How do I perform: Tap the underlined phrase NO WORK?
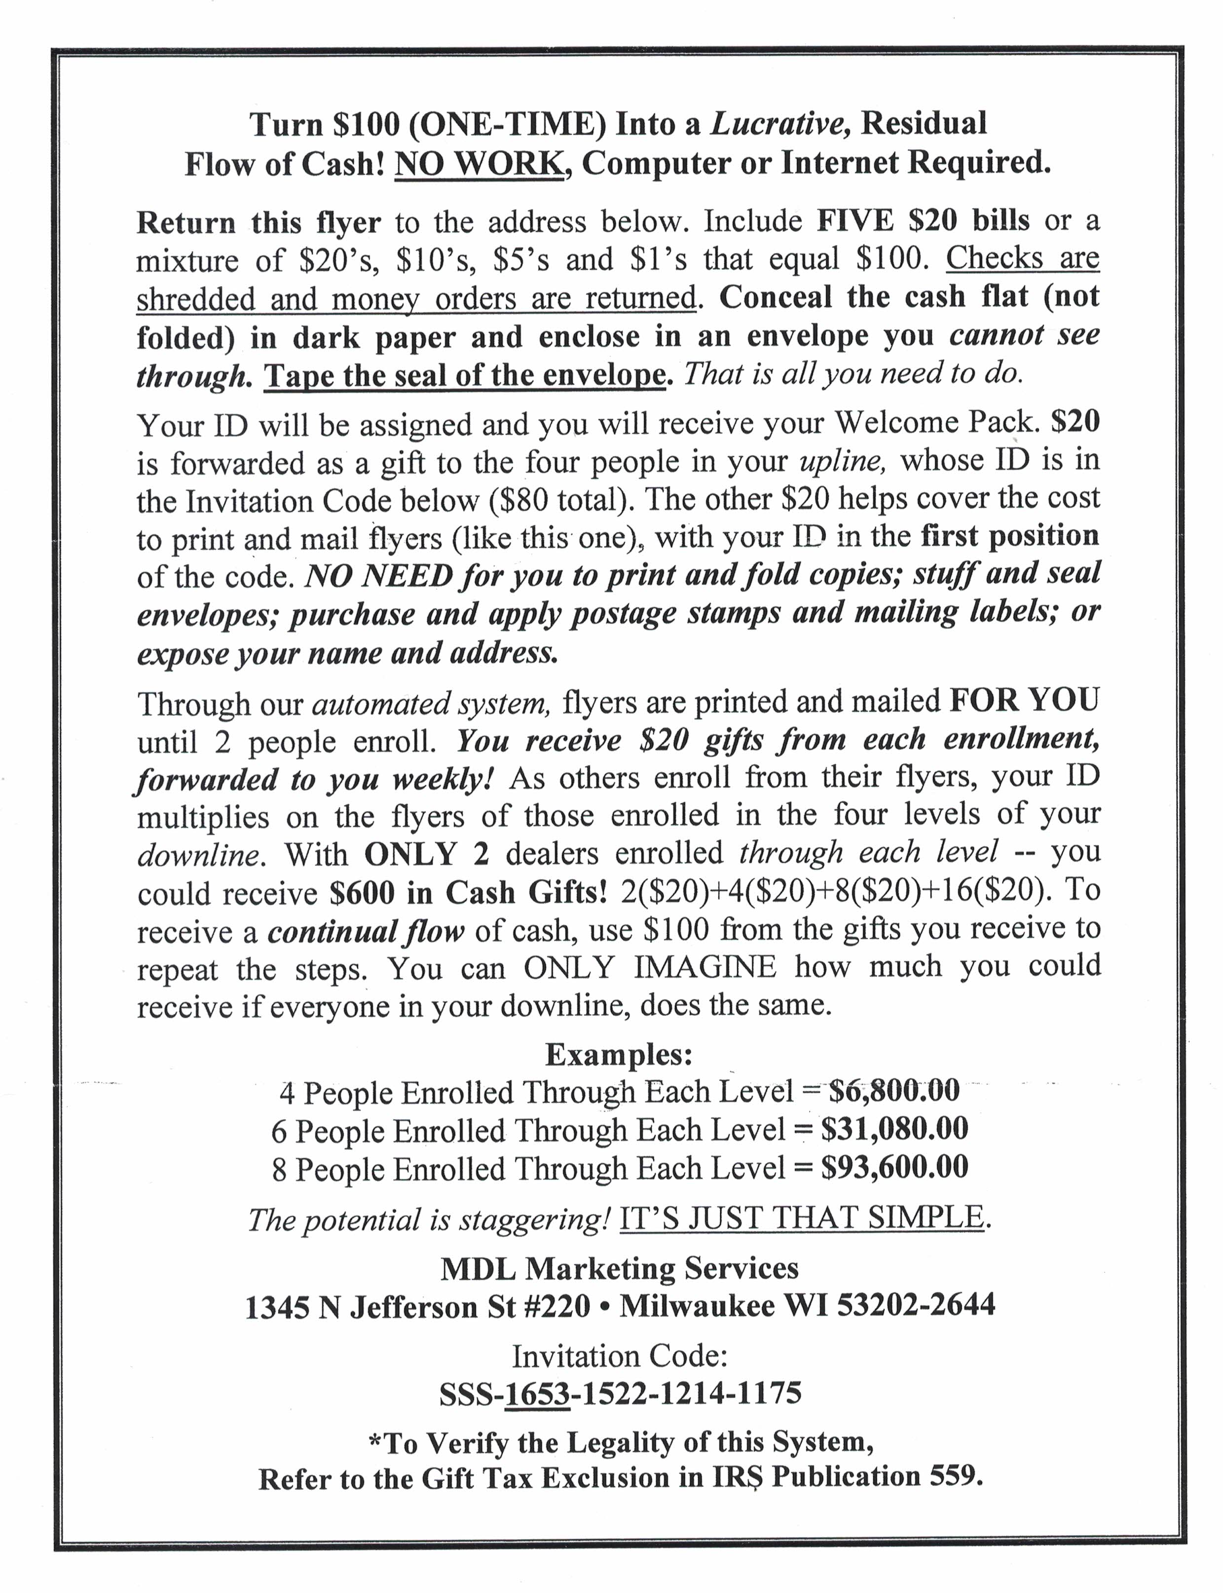(x=478, y=164)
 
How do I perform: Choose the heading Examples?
(x=618, y=1053)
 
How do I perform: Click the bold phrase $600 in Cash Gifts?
(x=468, y=892)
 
